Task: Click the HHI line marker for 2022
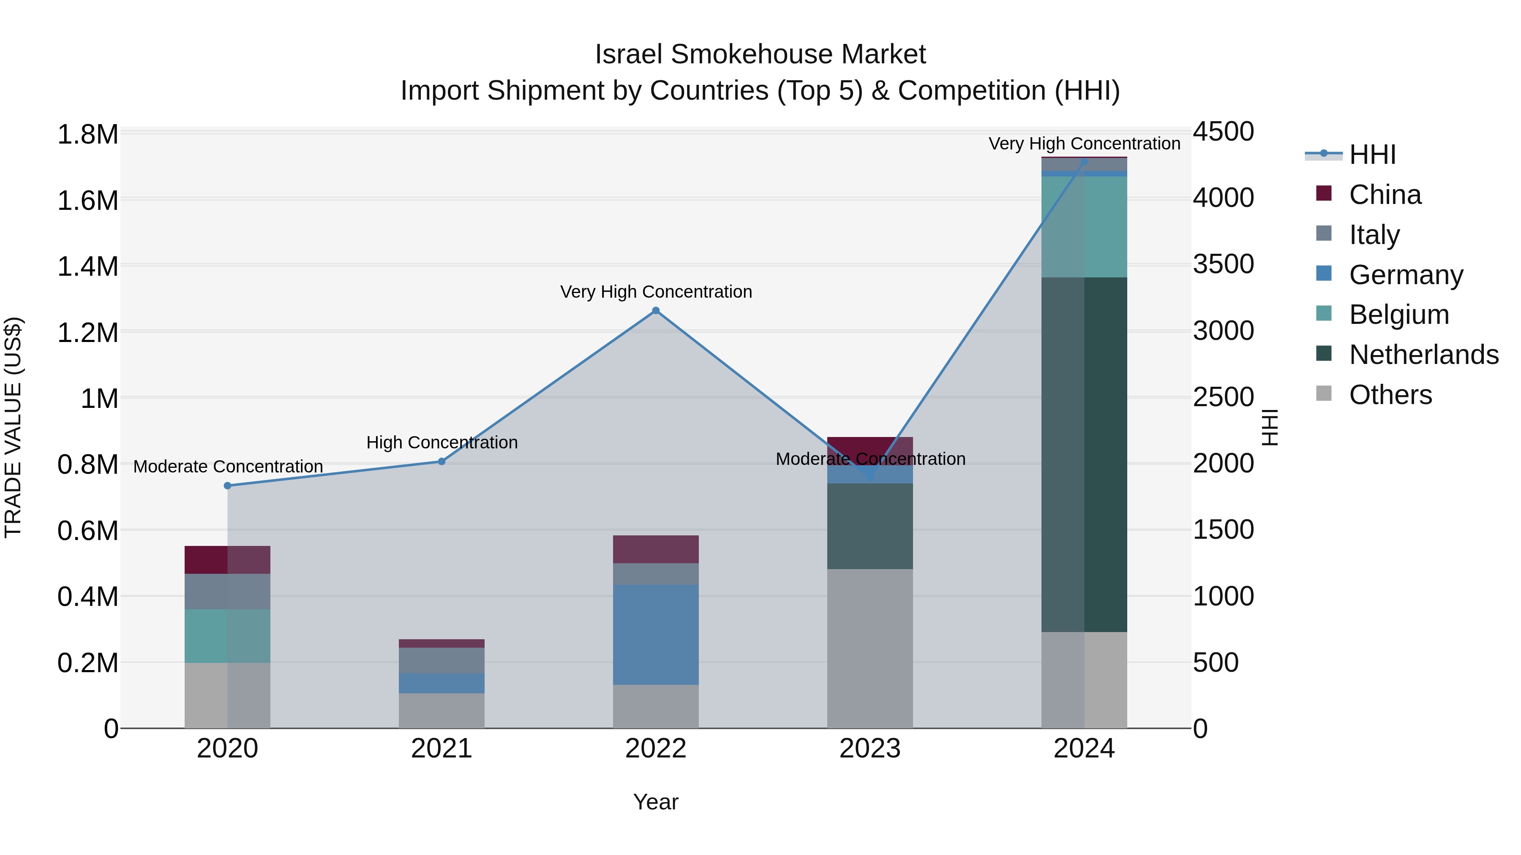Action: (655, 310)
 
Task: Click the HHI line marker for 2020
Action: (227, 486)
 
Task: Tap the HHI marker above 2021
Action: (442, 461)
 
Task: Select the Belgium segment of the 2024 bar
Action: (1084, 227)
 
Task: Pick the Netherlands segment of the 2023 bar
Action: (870, 527)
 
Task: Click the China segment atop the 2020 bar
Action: (227, 559)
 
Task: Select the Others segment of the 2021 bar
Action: (442, 711)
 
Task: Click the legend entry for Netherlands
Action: (1423, 355)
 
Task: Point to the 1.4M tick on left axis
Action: (88, 266)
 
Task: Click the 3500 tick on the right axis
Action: (1223, 264)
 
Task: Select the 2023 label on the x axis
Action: (870, 749)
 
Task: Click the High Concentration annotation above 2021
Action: (442, 442)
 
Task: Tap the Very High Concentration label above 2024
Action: (1084, 144)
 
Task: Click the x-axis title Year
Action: (655, 802)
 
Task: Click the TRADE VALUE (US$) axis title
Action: (14, 427)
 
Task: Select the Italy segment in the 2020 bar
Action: (227, 591)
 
